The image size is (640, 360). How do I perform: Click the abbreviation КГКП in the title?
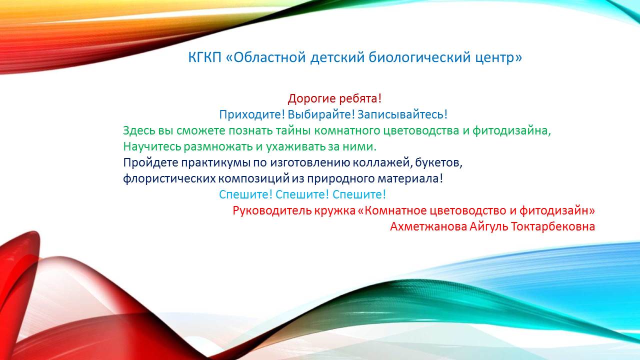[204, 57]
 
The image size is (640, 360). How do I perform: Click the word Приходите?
[252, 115]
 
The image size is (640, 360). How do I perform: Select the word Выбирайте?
[321, 115]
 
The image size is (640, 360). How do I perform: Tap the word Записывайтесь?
[402, 115]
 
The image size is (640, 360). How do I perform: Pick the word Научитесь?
[152, 147]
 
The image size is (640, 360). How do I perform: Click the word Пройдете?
[150, 163]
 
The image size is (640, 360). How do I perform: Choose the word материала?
[410, 179]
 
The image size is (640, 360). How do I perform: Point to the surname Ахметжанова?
[428, 227]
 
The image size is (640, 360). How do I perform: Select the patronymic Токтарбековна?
[553, 227]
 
